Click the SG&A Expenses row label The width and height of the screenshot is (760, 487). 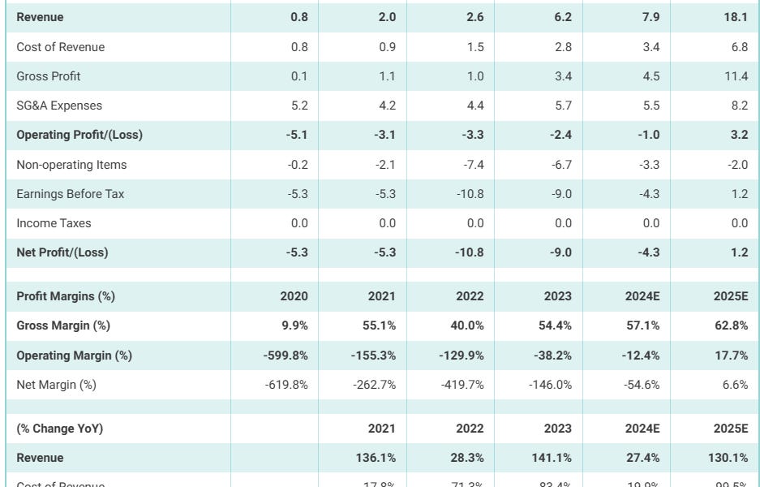[59, 106]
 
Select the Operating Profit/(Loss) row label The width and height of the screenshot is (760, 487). [79, 135]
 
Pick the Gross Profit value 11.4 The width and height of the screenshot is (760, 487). [736, 76]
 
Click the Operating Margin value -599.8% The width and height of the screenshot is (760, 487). [286, 356]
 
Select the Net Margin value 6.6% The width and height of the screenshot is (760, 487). [734, 385]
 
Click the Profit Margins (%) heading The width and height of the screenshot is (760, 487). [66, 296]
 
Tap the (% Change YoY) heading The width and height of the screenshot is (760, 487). [60, 429]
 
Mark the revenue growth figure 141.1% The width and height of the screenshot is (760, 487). [552, 458]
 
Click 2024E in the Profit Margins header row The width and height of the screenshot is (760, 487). [642, 296]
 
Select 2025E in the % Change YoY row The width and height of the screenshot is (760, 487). [731, 429]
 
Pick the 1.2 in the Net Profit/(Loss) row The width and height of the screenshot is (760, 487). [739, 252]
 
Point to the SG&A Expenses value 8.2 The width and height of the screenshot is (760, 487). [739, 106]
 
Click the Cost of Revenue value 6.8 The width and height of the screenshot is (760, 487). [739, 47]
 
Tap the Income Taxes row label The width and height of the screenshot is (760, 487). [54, 223]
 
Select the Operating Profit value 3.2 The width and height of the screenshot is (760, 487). [739, 135]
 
